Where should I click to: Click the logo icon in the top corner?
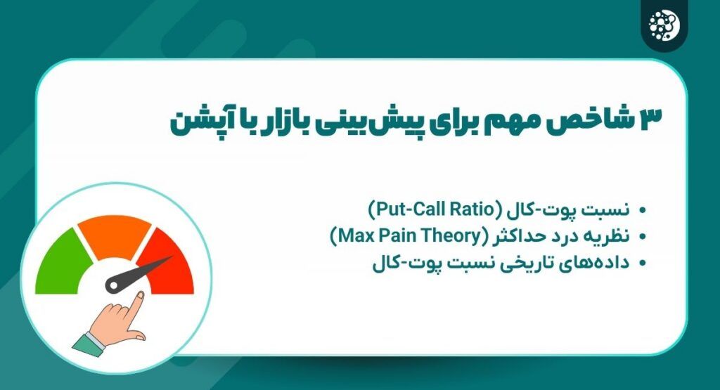coord(664,24)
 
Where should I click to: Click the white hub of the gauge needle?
coord(113,285)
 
